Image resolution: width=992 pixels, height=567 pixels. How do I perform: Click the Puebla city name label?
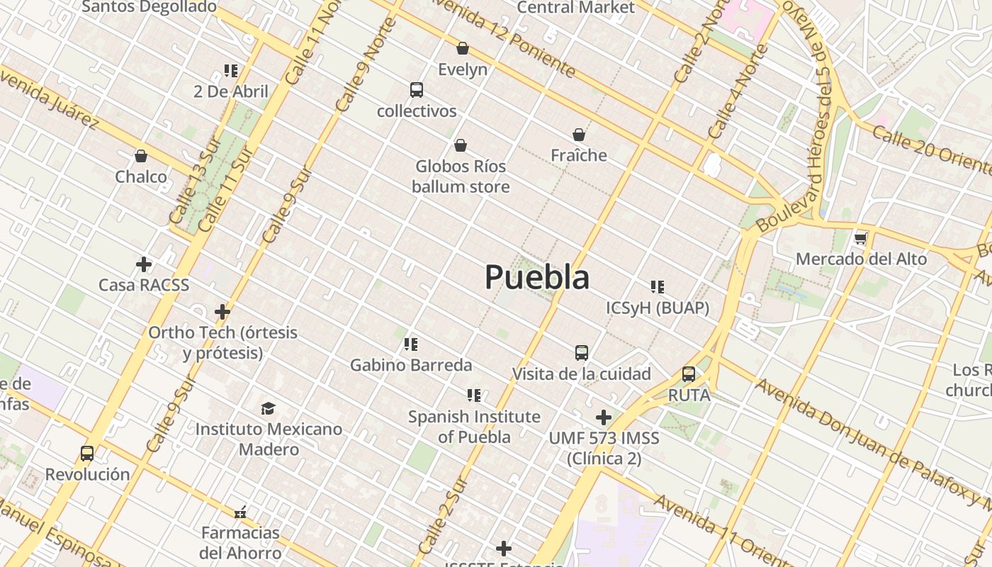pos(536,277)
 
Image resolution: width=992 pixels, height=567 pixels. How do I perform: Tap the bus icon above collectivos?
pos(417,90)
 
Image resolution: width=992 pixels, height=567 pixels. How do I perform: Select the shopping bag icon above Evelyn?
pos(463,48)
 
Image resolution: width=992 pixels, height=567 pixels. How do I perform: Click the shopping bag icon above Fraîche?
pos(579,135)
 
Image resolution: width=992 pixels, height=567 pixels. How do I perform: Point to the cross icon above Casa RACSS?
pos(144,264)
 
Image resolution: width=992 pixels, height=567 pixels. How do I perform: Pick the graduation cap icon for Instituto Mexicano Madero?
pos(268,408)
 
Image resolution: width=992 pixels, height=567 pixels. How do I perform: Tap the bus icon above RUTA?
pos(689,374)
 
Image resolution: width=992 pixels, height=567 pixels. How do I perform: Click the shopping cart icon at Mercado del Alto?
pos(861,238)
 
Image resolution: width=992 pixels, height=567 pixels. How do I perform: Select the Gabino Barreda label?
pos(411,365)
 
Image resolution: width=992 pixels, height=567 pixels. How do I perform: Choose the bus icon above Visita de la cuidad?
pos(582,352)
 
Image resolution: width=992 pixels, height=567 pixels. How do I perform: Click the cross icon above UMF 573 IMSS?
pos(604,417)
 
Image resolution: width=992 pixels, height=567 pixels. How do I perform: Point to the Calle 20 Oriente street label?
pos(932,150)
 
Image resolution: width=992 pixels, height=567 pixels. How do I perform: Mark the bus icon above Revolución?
pos(87,454)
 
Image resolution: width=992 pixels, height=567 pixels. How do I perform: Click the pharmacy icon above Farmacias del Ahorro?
pos(240,512)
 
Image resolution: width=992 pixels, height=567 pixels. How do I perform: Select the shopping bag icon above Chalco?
pos(141,156)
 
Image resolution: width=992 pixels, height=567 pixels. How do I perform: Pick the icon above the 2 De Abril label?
pos(231,70)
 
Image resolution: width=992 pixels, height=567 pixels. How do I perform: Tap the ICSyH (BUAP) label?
pos(658,308)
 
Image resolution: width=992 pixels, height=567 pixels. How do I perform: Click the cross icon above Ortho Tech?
pos(222,312)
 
